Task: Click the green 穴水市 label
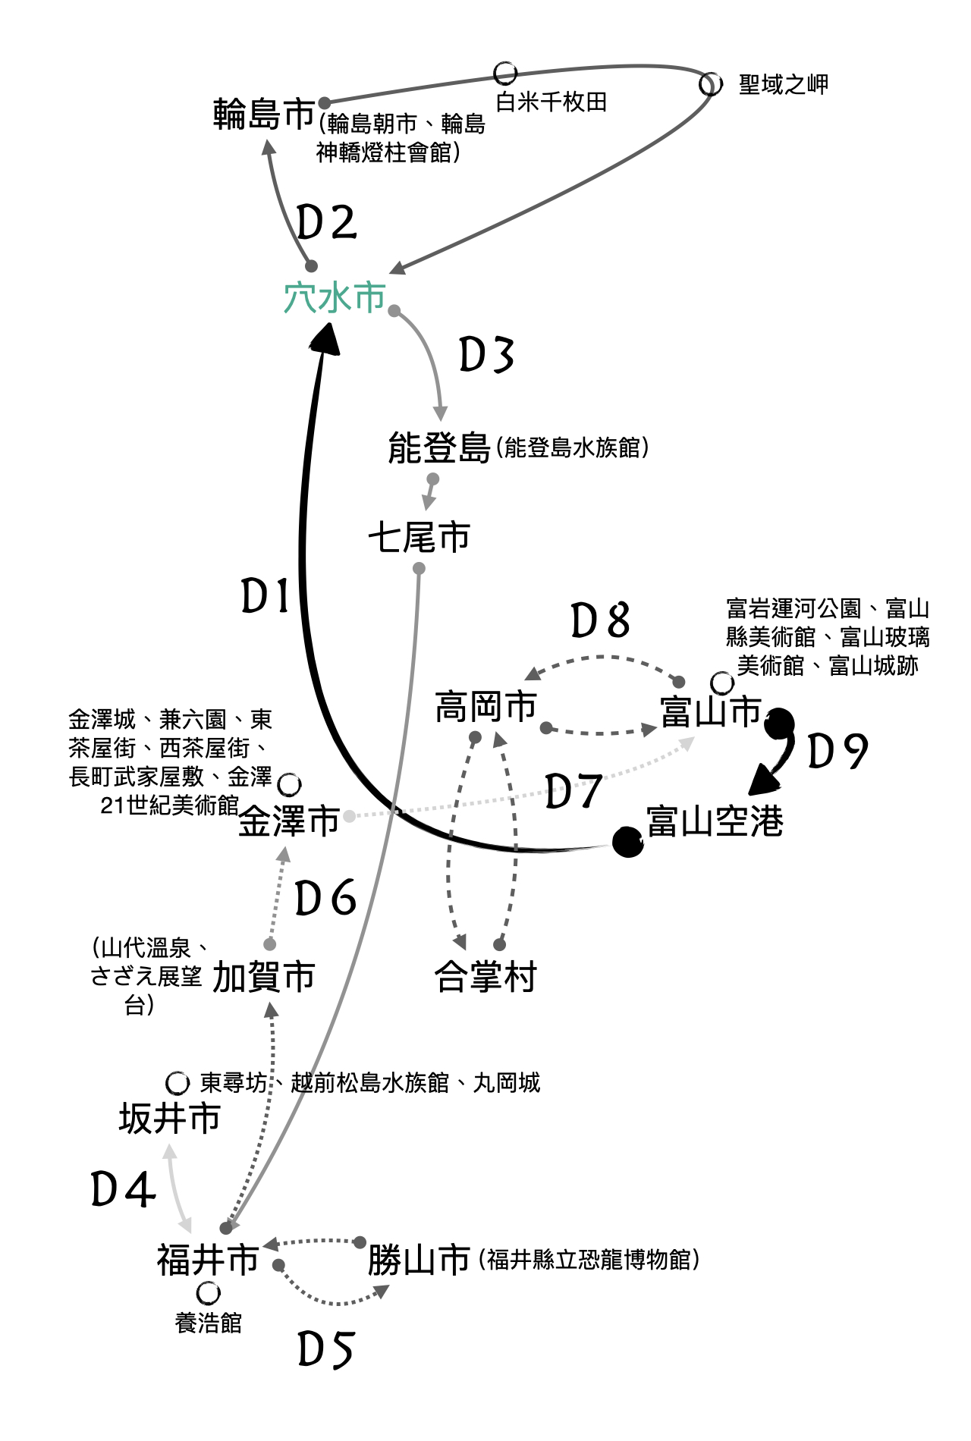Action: (x=335, y=297)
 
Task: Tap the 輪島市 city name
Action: (x=263, y=115)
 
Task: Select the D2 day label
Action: (x=326, y=223)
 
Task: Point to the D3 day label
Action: (x=487, y=355)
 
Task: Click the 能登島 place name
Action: (x=438, y=447)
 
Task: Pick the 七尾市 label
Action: (x=419, y=538)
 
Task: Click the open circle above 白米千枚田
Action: (x=505, y=74)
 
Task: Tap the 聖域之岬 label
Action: (x=783, y=84)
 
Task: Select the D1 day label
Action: (x=266, y=596)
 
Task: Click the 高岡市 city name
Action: (x=485, y=707)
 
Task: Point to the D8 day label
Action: (x=600, y=621)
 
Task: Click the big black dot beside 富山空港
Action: (x=627, y=842)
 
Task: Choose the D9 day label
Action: (x=837, y=752)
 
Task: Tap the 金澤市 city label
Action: (x=289, y=821)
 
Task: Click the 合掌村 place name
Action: (x=485, y=977)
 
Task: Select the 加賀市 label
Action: (x=263, y=977)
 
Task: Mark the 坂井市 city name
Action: (x=169, y=1119)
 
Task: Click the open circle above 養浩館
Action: (x=208, y=1292)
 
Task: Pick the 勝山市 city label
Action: (x=419, y=1260)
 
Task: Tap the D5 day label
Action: (x=326, y=1350)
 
